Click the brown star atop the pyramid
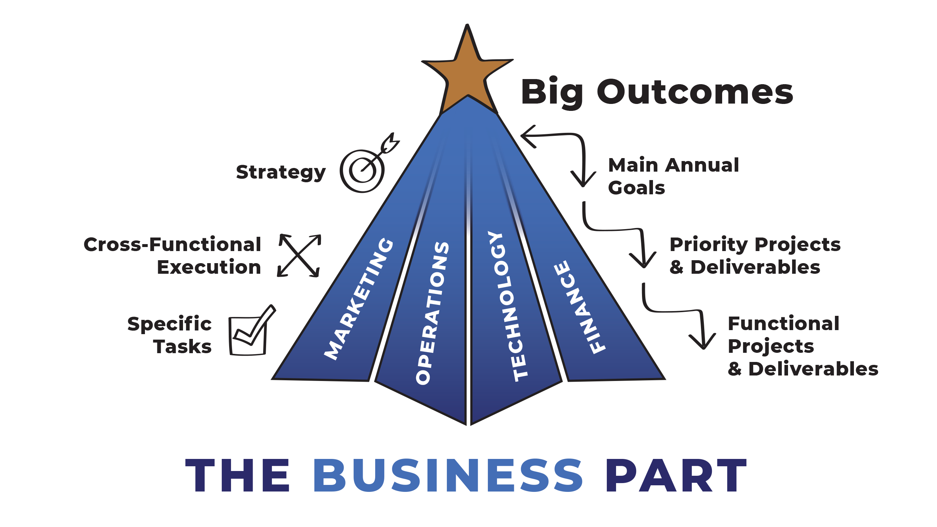pos(467,71)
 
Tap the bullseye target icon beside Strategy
pos(363,170)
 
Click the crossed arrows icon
pos(299,255)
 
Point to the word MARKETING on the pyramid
pos(359,299)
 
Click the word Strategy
pos(281,172)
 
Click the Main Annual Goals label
pos(673,176)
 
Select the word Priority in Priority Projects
pos(709,244)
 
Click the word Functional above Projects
pos(783,324)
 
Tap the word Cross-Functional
pos(172,244)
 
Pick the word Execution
pos(209,267)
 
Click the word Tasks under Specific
pos(183,347)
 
